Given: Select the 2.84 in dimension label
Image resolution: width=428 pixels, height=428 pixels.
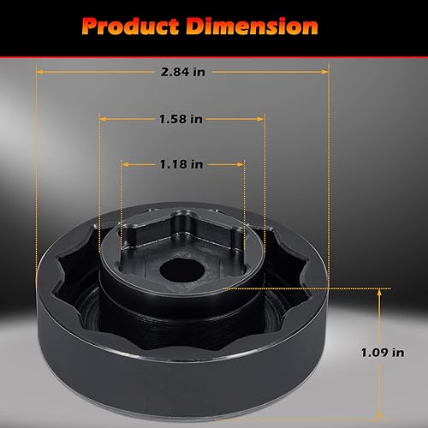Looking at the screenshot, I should (182, 73).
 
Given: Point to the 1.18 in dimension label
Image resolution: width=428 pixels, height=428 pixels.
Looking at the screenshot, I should (182, 162).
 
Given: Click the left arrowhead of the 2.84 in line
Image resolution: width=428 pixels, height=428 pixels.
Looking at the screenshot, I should (39, 73).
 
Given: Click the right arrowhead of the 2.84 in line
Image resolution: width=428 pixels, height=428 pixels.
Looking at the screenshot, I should (326, 73).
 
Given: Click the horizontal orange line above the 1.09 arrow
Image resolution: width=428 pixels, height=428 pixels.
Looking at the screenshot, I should (300, 290).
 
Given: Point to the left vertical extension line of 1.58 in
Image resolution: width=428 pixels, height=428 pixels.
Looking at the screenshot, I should (100, 171).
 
